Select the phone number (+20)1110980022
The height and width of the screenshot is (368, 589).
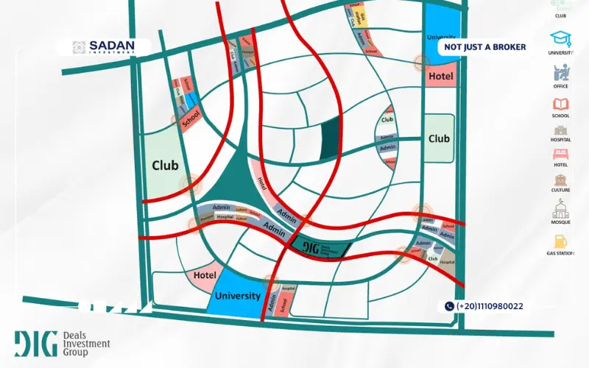click(490, 306)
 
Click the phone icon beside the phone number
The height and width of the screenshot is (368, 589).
click(449, 306)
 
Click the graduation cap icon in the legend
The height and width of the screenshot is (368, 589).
click(560, 38)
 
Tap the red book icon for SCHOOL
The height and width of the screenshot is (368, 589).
click(560, 104)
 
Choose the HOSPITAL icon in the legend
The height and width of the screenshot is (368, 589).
click(560, 129)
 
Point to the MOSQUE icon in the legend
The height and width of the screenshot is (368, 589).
click(560, 208)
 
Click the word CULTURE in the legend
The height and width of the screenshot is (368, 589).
click(560, 190)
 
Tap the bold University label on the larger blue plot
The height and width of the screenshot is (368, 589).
click(238, 296)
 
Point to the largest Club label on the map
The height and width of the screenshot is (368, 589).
click(165, 166)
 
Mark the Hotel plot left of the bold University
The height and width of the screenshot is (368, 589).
click(204, 275)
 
